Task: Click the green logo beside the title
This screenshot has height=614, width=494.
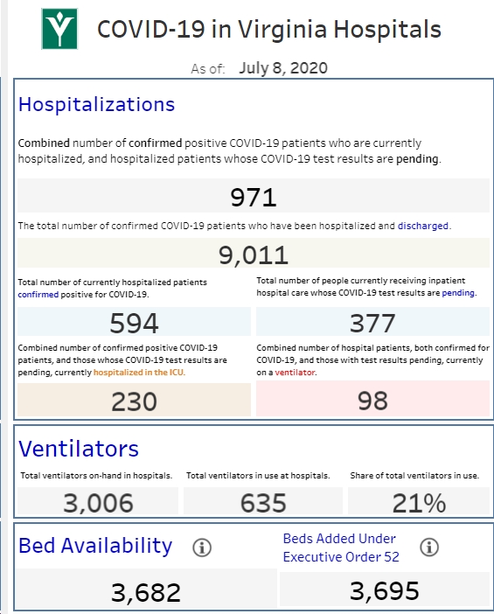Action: pyautogui.click(x=59, y=29)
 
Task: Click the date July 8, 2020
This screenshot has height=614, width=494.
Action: pyautogui.click(x=283, y=68)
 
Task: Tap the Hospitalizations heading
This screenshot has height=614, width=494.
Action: pyautogui.click(x=96, y=105)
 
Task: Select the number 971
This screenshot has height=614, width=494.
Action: pyautogui.click(x=254, y=197)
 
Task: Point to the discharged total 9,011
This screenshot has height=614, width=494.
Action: pyautogui.click(x=254, y=255)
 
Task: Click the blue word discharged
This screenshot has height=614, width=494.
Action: pyautogui.click(x=423, y=226)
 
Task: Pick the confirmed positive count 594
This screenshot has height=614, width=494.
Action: pyautogui.click(x=134, y=323)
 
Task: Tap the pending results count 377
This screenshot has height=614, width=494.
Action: pyautogui.click(x=372, y=323)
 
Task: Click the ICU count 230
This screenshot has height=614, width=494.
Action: pyautogui.click(x=134, y=401)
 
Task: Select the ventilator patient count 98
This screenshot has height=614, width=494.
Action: pyautogui.click(x=372, y=401)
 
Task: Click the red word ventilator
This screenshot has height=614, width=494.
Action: pyautogui.click(x=296, y=373)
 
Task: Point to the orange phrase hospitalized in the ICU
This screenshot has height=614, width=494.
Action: pyautogui.click(x=138, y=373)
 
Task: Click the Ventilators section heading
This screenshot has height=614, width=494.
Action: pyautogui.click(x=79, y=449)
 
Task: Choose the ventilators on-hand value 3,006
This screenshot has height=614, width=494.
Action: pyautogui.click(x=98, y=503)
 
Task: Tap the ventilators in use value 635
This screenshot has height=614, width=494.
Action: pyautogui.click(x=263, y=503)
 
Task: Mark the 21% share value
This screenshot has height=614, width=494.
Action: pyautogui.click(x=419, y=503)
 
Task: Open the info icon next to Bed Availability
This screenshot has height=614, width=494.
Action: pyautogui.click(x=202, y=547)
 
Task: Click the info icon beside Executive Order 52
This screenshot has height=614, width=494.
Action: pyautogui.click(x=429, y=547)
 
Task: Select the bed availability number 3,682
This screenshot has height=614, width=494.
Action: pyautogui.click(x=146, y=592)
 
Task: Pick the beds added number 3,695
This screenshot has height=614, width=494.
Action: pyautogui.click(x=385, y=591)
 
